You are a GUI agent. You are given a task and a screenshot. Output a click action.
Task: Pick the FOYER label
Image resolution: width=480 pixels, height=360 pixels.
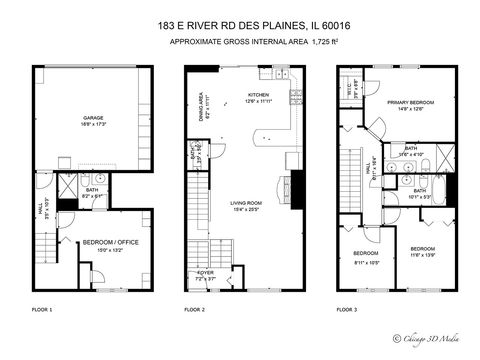[205, 271]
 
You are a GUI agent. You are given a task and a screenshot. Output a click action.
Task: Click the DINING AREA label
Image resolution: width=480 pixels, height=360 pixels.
[201, 103]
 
